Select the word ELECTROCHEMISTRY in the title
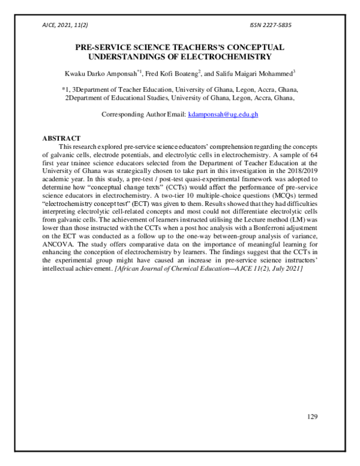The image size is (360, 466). point(221,57)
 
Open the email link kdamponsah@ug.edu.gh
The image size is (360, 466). point(223,114)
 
